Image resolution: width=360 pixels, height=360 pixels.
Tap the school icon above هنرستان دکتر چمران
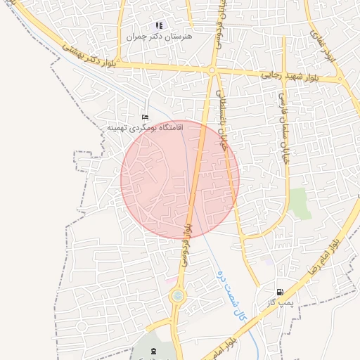[159, 25]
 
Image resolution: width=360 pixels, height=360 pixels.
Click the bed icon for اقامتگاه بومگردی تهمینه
[146, 117]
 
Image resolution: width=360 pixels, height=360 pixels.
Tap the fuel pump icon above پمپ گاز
[280, 292]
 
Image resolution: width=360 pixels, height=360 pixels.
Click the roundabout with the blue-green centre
[177, 297]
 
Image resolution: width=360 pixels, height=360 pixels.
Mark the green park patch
[299, 202]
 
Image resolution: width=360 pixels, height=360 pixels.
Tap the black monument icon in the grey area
[155, 349]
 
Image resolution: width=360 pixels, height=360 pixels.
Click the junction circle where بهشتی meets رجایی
[212, 70]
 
